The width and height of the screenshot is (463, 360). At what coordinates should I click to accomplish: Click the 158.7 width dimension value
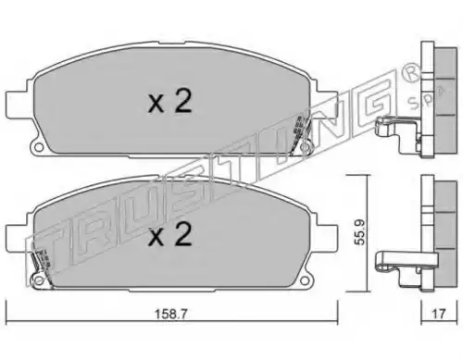pos(170,315)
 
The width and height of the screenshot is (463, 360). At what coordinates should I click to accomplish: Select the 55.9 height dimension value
pos(359,232)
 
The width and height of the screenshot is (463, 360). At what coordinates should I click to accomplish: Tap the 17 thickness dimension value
pos(438,314)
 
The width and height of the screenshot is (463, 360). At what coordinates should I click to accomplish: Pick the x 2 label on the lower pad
pos(170,234)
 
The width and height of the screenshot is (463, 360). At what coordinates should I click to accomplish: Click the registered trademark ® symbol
pos(410,73)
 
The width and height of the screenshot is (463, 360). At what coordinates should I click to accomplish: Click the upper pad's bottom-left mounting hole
pos(38,147)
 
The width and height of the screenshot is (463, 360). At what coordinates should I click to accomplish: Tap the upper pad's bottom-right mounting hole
pos(306,147)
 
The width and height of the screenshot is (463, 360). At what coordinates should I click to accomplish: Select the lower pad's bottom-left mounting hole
pos(38,280)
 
